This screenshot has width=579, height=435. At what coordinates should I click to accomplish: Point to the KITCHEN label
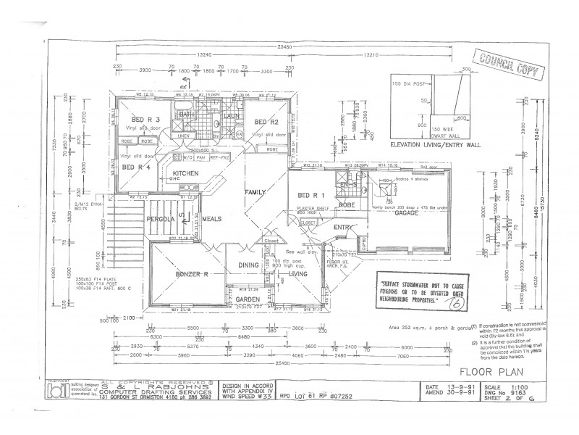[x=186, y=173]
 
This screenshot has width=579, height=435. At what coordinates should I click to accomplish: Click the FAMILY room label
[x=255, y=191]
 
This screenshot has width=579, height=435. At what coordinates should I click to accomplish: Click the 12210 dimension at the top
[x=372, y=54]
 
